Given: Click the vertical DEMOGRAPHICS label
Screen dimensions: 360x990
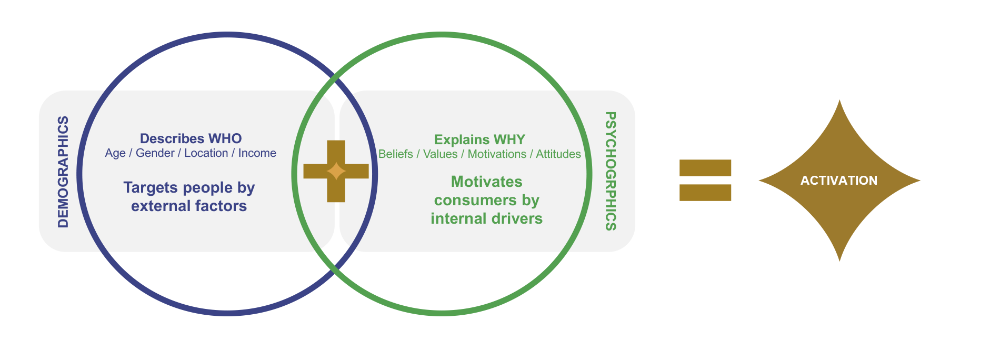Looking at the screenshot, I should (63, 172).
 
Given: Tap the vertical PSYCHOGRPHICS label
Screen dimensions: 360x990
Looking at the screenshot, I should (611, 171).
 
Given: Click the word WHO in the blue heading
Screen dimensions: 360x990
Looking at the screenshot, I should (225, 138).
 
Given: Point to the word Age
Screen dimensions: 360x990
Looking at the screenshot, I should (115, 153).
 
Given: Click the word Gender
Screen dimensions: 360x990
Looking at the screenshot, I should (155, 153).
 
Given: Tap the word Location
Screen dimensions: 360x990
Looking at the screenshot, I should (206, 153).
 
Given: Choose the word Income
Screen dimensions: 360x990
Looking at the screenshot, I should (257, 153).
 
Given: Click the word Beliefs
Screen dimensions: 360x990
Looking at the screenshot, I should (396, 154).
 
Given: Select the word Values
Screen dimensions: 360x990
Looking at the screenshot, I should (441, 154).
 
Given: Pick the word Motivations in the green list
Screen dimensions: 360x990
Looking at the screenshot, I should (497, 154).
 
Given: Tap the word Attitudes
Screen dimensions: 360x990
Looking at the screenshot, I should (558, 154).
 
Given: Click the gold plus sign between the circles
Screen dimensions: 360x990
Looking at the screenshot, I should (336, 171).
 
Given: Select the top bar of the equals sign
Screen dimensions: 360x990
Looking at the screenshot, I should (705, 168).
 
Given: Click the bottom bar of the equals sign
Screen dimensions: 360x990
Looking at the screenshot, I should (705, 193).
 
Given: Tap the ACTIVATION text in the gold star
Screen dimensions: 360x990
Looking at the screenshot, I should (839, 181).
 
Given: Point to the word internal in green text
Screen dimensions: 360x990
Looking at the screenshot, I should (456, 218).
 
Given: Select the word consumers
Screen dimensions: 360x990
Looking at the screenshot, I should (468, 200).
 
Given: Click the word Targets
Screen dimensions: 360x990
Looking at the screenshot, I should (148, 188).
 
